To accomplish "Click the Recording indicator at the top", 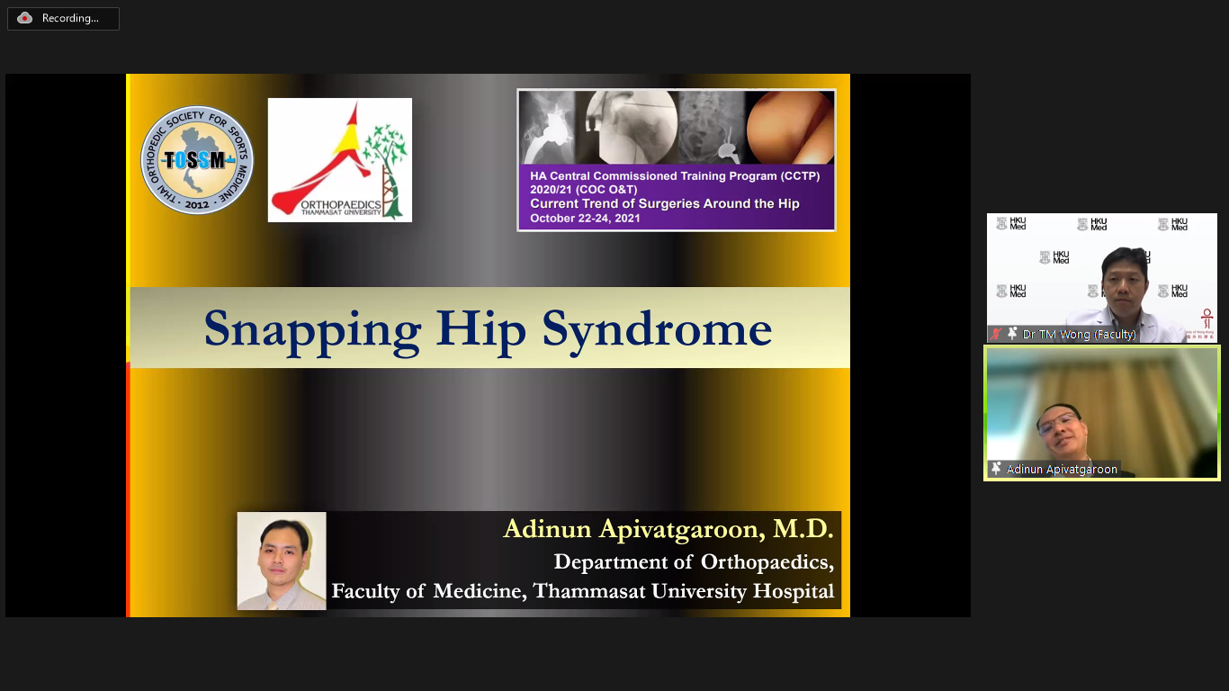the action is click(63, 19).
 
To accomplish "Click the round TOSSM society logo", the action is click(197, 160).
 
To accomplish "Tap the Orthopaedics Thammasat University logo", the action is click(340, 160).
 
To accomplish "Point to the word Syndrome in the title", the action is click(657, 329).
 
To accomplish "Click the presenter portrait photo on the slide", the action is click(282, 561).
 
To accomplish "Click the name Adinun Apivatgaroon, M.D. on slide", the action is click(668, 529).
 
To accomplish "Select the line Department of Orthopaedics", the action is click(694, 562).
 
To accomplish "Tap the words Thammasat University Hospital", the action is click(684, 591).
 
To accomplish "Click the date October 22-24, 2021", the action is click(585, 218).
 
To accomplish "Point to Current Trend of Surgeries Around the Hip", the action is click(664, 203).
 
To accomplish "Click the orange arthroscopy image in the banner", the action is click(790, 128).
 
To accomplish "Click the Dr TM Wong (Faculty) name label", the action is click(1080, 334).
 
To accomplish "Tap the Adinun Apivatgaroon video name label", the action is click(1062, 470).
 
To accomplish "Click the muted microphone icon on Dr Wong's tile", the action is click(996, 334).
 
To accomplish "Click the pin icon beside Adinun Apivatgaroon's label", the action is click(996, 469).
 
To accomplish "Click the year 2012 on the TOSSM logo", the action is click(197, 205).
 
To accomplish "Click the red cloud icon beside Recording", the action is click(24, 19).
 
